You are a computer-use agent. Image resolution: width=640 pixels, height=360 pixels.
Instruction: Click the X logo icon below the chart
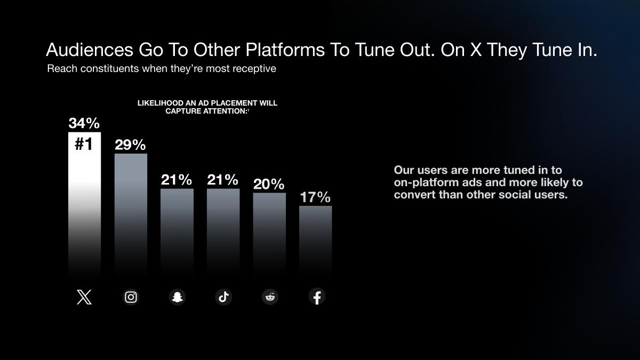[x=84, y=297]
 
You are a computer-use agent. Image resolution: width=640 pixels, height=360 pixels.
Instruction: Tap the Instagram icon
[x=131, y=297]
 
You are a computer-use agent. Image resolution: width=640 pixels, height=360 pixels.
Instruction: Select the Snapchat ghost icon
[x=177, y=297]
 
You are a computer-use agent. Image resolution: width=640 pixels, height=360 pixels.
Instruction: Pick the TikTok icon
[x=223, y=297]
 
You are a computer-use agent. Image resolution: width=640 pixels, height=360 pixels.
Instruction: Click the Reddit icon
[x=270, y=297]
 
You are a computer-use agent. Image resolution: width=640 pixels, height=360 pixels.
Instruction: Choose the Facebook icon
[x=317, y=297]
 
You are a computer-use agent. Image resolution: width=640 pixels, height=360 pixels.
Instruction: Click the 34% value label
[x=84, y=123]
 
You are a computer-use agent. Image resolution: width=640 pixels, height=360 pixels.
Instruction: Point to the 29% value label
[x=130, y=145]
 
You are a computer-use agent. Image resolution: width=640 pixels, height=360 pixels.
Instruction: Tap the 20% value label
[x=269, y=184]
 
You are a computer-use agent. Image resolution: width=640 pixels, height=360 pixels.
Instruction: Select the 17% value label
[x=315, y=197]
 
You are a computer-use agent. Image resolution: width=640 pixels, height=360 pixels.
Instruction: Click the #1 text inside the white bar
[x=84, y=143]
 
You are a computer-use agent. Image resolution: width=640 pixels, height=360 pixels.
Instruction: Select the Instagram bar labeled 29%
[x=131, y=214]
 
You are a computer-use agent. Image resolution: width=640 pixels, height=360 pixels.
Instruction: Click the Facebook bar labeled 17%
[x=316, y=240]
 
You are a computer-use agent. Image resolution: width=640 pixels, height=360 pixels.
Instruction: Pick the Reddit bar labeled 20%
[x=269, y=234]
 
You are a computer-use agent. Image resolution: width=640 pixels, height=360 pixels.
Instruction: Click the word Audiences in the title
[x=90, y=50]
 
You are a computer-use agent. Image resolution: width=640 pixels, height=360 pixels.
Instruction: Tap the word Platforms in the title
[x=285, y=50]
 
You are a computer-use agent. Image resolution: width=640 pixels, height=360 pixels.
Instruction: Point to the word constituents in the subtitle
[x=109, y=69]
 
